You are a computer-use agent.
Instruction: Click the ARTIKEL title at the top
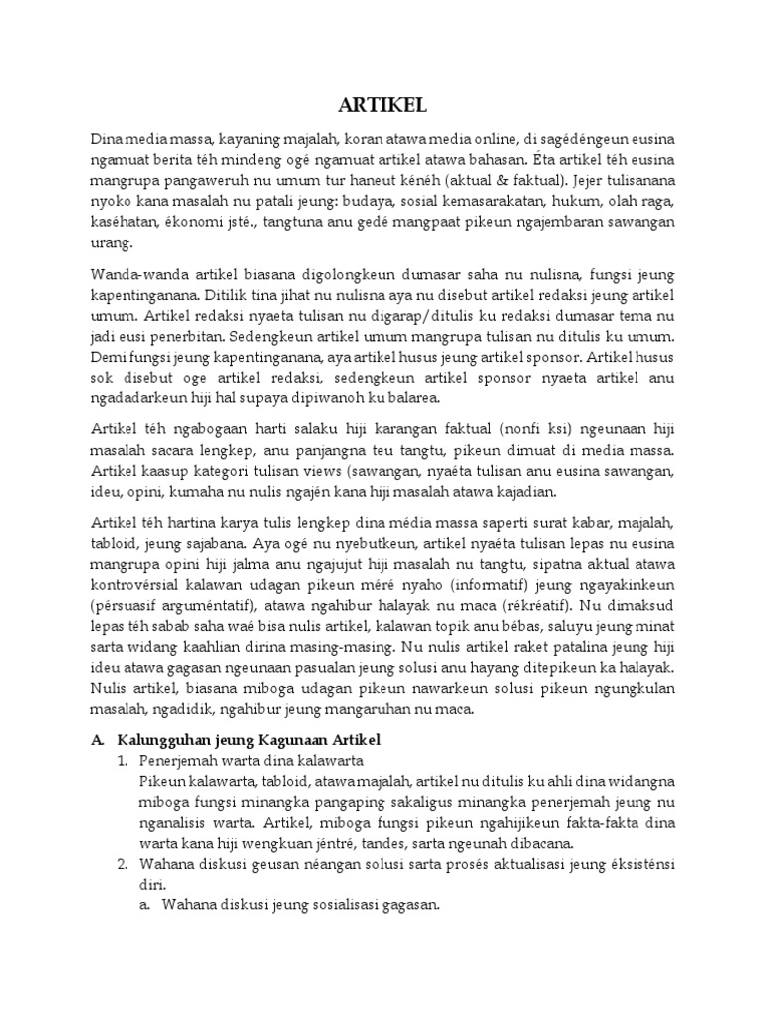tap(382, 107)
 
